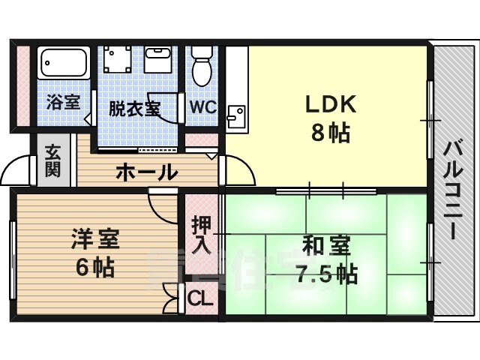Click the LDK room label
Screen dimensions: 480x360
click(331, 104)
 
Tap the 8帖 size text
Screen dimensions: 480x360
click(331, 133)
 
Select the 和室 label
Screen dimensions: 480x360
click(326, 247)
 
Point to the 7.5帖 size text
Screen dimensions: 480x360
click(326, 274)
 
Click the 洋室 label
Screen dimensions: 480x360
click(95, 238)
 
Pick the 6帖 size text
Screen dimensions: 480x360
click(95, 267)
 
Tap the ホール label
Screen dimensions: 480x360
click(147, 172)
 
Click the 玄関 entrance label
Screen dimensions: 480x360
click(52, 161)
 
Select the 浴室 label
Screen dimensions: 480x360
click(63, 102)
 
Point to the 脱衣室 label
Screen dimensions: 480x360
click(135, 108)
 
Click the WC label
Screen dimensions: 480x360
click(203, 106)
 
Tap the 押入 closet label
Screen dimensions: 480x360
click(202, 235)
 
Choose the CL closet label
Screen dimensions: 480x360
click(200, 298)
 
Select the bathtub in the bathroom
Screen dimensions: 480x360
click(64, 63)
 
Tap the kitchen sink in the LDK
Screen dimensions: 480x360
click(236, 116)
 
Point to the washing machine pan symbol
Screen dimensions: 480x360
click(117, 59)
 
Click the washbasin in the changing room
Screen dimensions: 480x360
click(158, 60)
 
